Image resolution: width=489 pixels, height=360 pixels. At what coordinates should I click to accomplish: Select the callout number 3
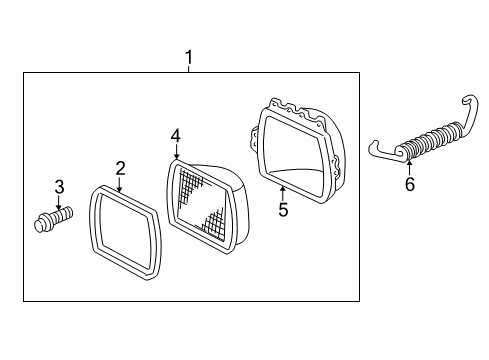point(59,186)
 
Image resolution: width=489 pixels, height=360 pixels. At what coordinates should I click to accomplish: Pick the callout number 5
point(282,210)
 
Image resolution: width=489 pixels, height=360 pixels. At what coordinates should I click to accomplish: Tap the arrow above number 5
point(282,192)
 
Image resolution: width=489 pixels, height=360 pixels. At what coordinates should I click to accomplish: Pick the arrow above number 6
point(408,165)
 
